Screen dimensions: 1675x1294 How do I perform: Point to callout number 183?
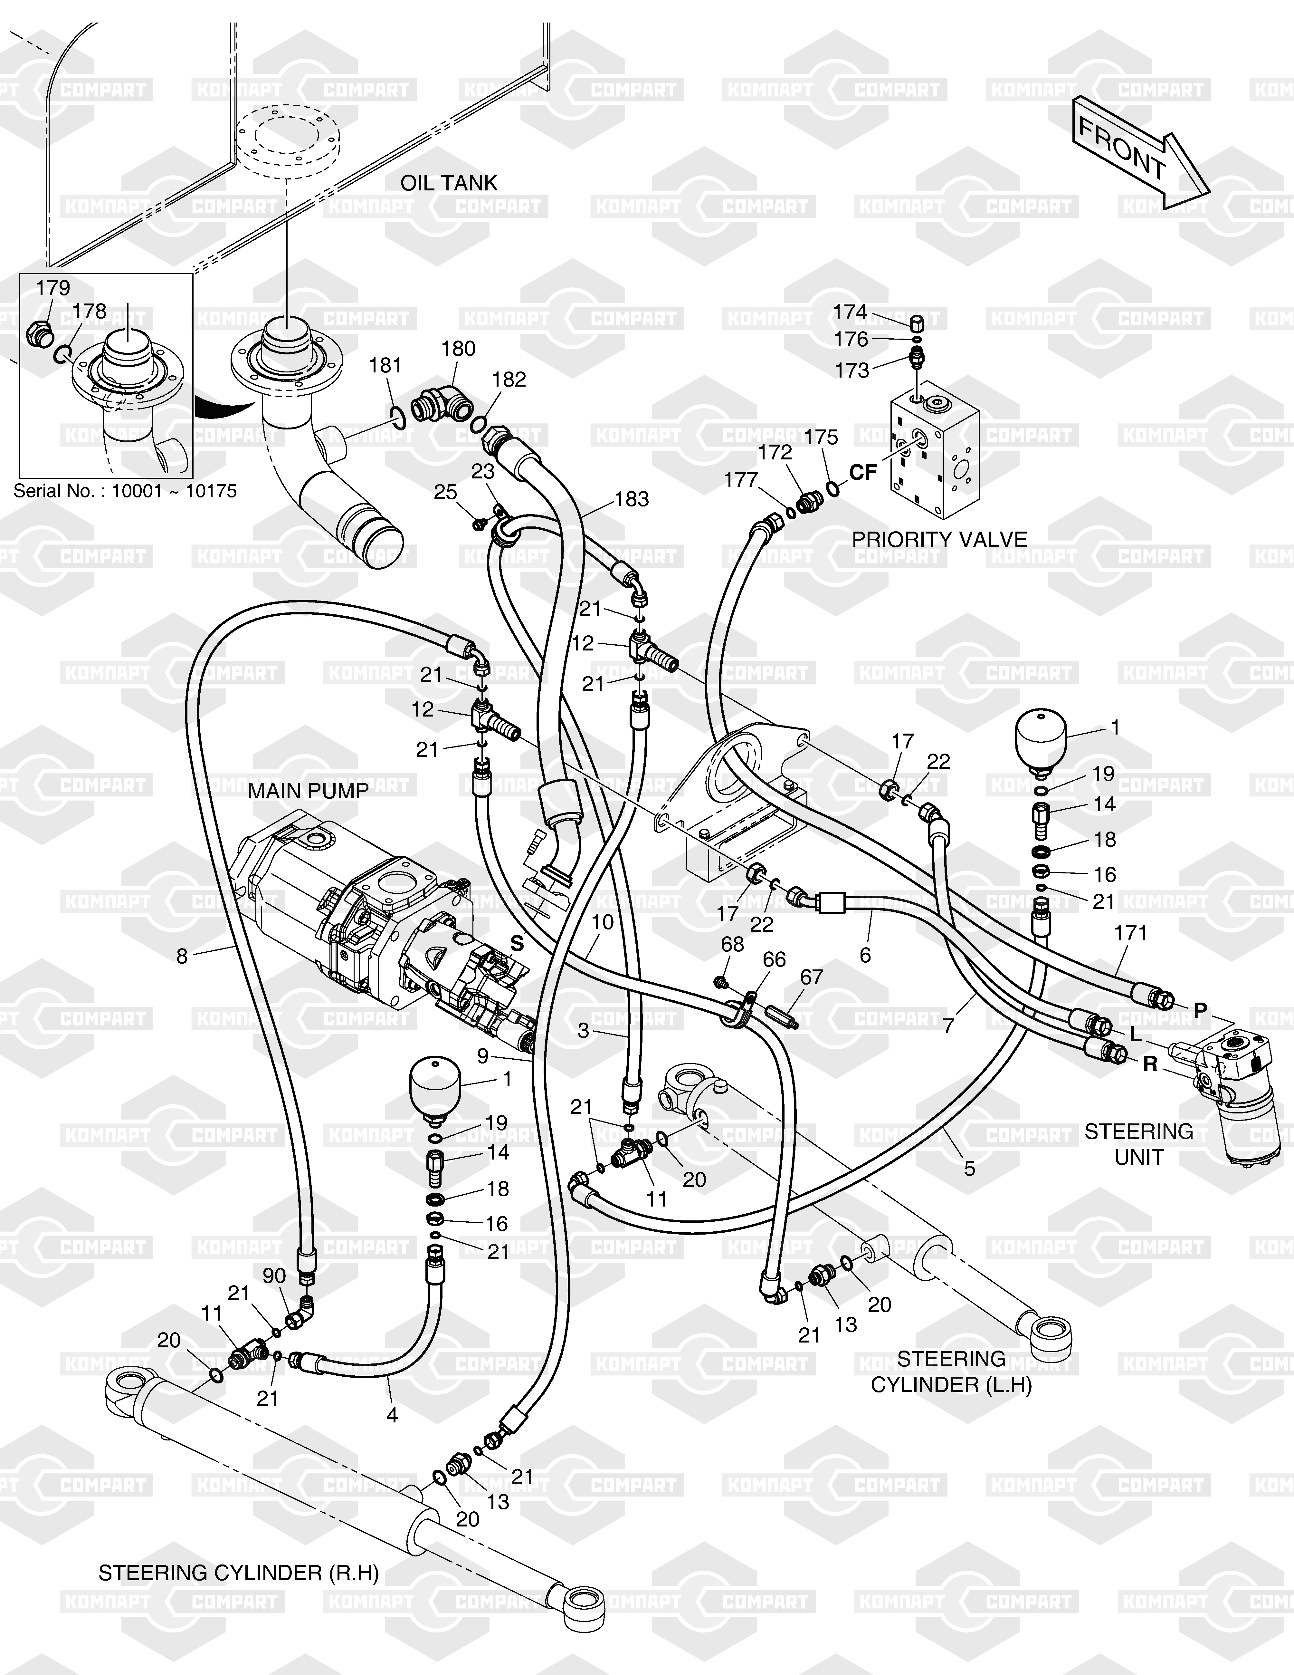[632, 499]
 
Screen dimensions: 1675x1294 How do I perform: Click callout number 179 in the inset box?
[53, 288]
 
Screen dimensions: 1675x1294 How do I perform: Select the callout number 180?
[458, 349]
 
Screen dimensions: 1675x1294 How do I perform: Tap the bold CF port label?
[862, 473]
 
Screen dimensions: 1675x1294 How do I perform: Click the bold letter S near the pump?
[518, 945]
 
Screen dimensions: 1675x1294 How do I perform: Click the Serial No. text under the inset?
[125, 491]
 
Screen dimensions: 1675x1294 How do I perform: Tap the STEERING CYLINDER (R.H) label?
[238, 1574]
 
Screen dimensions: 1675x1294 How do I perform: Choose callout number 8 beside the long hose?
[182, 956]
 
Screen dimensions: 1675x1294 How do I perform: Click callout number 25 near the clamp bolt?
[445, 492]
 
